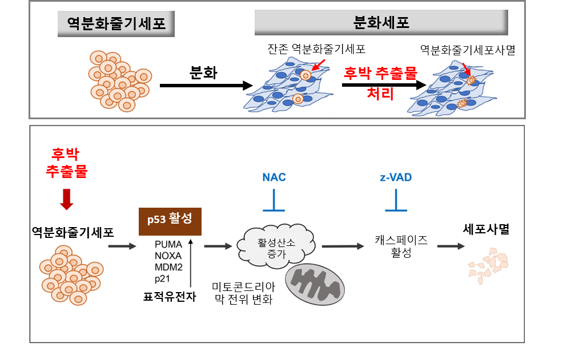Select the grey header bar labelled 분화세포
[381, 23]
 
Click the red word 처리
[380, 94]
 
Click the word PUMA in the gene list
[168, 244]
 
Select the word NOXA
[168, 256]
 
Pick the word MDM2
[168, 267]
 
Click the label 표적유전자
[170, 296]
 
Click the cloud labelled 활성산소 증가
[275, 246]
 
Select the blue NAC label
[274, 177]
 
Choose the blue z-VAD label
[395, 177]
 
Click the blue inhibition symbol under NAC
[275, 203]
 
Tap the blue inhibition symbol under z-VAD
[396, 203]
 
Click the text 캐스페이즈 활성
[401, 246]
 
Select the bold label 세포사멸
[486, 230]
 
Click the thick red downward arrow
[67, 199]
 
